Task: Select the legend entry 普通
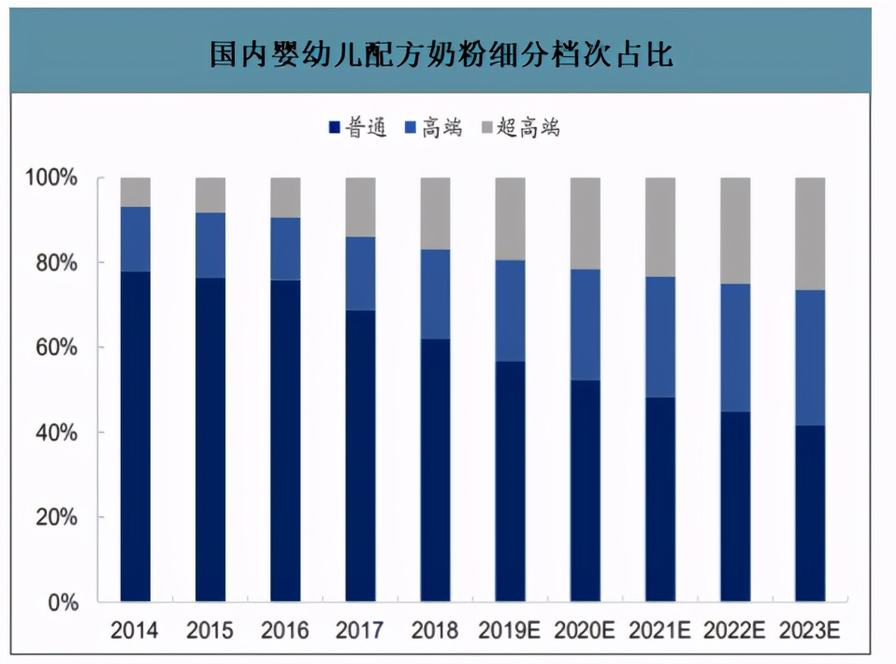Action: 358,128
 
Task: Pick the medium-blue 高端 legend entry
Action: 433,128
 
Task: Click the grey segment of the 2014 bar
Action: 136,192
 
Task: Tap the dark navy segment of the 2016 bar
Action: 285,440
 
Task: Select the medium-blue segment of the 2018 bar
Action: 435,294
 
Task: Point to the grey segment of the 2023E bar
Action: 810,234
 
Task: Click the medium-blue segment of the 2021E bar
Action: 660,337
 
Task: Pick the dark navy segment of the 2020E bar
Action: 585,490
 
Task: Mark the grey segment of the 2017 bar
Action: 360,207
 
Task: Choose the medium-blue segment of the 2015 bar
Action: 210,245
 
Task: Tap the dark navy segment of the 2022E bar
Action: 735,506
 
